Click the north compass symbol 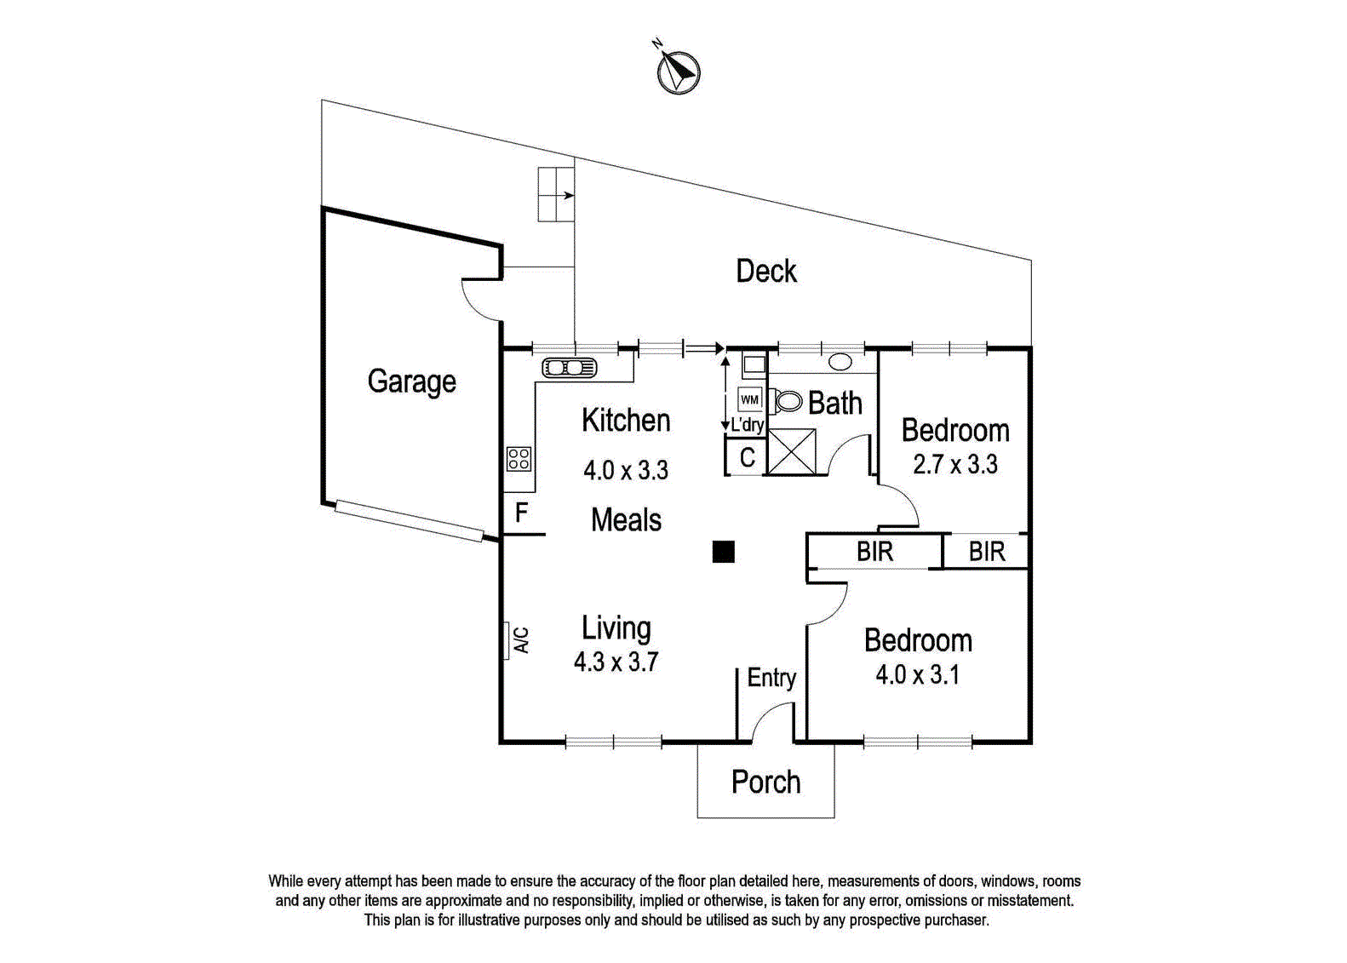[x=678, y=72]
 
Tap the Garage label [x=412, y=382]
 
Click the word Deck [x=766, y=272]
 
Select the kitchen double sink [x=570, y=367]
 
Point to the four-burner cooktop [x=519, y=458]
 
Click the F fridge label [x=521, y=513]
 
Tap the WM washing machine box [x=749, y=399]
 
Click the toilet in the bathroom [x=786, y=401]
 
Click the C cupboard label [x=748, y=458]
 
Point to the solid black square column [x=724, y=552]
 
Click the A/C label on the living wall [x=522, y=640]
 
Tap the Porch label [x=765, y=782]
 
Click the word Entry [x=771, y=678]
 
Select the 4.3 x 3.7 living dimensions [x=616, y=662]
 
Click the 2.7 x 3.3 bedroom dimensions [x=955, y=464]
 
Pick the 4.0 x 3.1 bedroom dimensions [x=917, y=675]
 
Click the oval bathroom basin [x=840, y=362]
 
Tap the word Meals [x=626, y=520]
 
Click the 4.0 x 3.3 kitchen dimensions [x=625, y=470]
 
